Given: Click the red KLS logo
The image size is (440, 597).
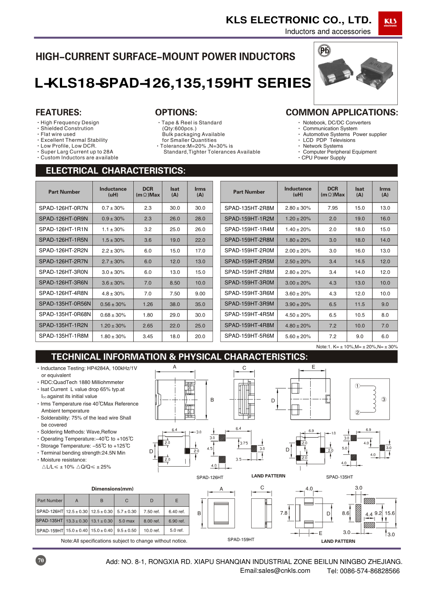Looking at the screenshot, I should (390, 23).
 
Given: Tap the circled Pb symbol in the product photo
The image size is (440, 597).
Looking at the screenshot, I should (324, 51).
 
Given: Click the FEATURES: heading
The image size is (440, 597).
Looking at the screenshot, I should (59, 112).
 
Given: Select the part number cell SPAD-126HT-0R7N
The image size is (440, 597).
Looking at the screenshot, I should (64, 208).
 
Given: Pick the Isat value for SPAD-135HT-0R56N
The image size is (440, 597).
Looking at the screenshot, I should (175, 304).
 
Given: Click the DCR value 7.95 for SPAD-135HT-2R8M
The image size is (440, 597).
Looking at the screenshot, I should (333, 208).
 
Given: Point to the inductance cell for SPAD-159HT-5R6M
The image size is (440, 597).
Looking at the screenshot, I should (297, 336).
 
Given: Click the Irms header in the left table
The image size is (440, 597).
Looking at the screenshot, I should (200, 192).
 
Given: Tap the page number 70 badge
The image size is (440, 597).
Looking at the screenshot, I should (41, 560).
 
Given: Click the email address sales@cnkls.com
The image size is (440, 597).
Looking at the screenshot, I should (275, 571).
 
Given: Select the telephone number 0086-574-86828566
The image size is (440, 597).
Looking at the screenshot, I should (363, 571).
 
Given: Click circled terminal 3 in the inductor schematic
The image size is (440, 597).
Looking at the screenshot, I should (384, 399).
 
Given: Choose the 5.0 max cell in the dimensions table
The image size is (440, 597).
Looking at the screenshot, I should (127, 521).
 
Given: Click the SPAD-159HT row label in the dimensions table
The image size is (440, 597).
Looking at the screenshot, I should (50, 531).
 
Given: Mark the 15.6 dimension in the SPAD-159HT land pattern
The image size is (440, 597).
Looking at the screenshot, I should (390, 513).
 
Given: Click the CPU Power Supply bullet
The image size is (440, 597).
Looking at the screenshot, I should (323, 158).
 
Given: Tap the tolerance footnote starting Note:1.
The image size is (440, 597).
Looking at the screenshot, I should (357, 347).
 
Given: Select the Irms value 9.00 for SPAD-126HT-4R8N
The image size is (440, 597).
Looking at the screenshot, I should (200, 294).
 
